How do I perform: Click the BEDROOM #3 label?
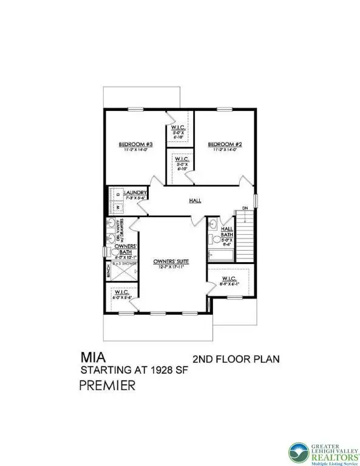pyautogui.click(x=131, y=144)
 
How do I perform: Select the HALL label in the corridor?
pyautogui.click(x=195, y=201)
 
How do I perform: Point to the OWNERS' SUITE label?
pyautogui.click(x=171, y=262)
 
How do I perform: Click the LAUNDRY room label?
pyautogui.click(x=135, y=193)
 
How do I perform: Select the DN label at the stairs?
pyautogui.click(x=245, y=209)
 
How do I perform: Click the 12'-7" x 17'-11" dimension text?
pyautogui.click(x=171, y=268)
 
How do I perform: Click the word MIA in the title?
pyautogui.click(x=91, y=358)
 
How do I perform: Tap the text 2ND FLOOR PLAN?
pyautogui.click(x=236, y=359)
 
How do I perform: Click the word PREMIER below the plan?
pyautogui.click(x=107, y=385)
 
